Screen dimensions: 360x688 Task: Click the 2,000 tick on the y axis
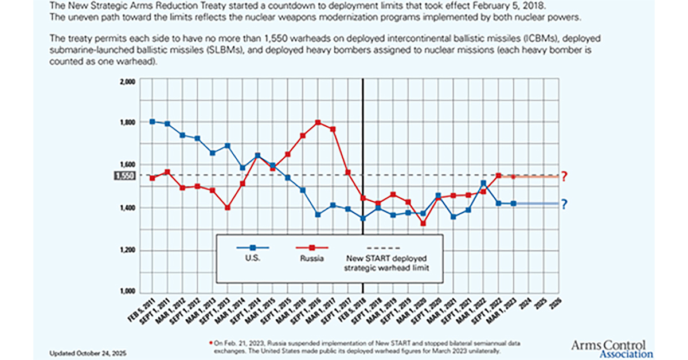(127, 81)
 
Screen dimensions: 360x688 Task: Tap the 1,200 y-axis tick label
(127, 251)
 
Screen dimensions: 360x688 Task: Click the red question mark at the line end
(564, 177)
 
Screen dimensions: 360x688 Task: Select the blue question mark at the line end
(564, 204)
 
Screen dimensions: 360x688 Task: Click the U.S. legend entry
(253, 258)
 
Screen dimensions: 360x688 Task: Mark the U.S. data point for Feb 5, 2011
(152, 122)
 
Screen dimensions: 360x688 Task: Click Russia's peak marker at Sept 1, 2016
(318, 122)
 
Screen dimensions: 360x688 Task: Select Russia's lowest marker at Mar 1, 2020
(423, 223)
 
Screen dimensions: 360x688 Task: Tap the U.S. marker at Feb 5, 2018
(363, 218)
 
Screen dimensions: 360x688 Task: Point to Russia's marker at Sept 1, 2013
(228, 208)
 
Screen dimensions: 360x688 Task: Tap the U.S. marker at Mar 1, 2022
(483, 183)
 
